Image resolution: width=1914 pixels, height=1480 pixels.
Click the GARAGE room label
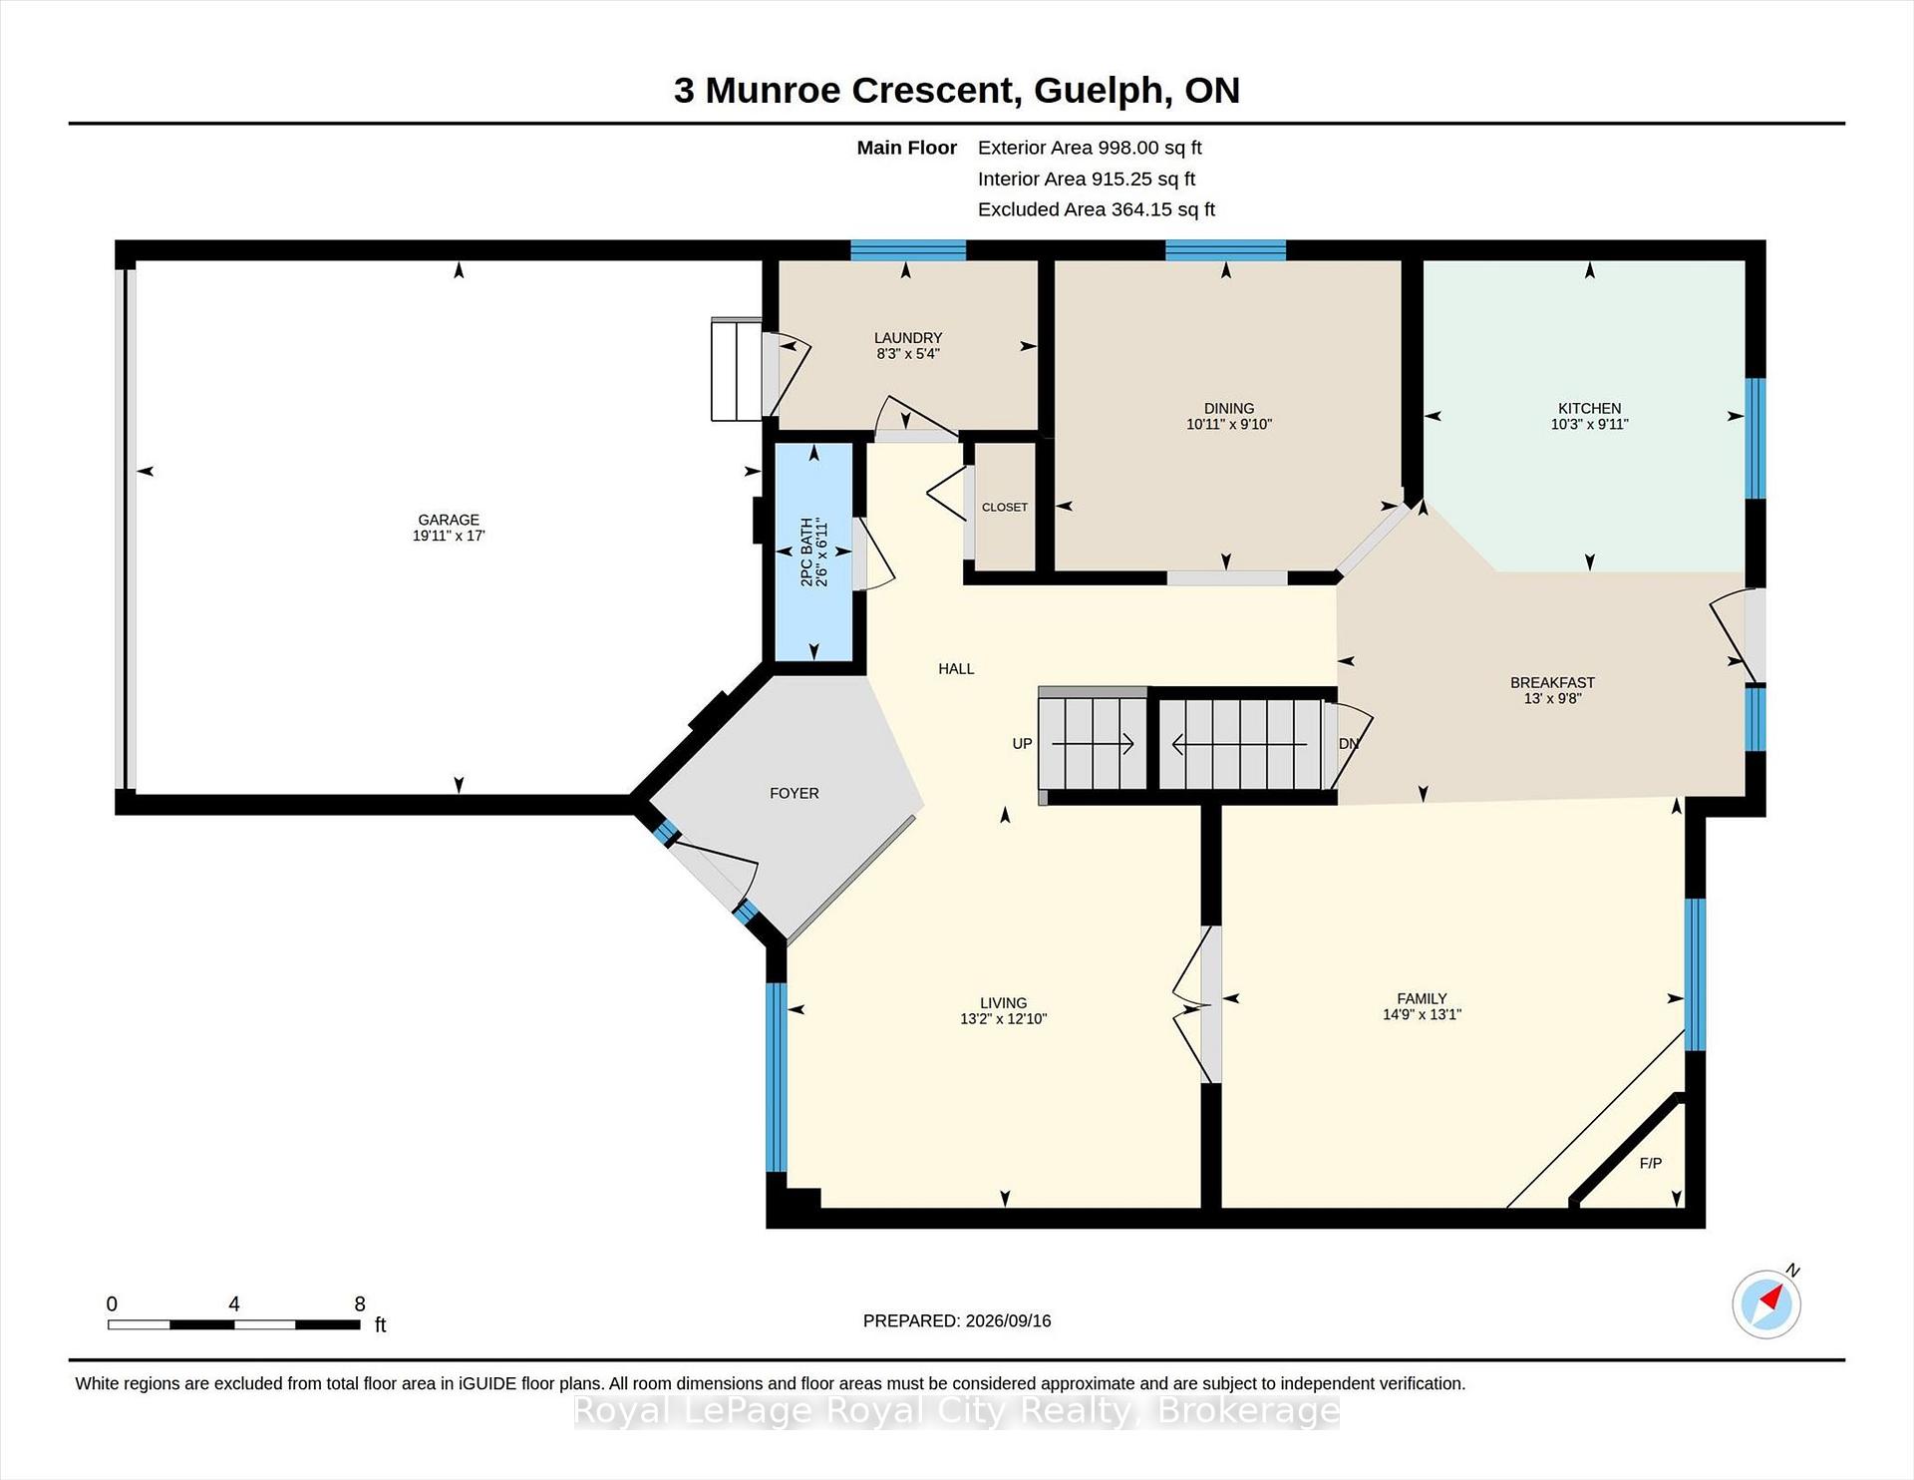coord(449,520)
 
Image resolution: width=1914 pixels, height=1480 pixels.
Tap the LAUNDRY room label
coord(908,338)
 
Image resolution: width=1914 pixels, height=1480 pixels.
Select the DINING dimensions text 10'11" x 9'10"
coord(1229,424)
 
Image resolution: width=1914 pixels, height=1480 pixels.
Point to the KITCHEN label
coord(1590,408)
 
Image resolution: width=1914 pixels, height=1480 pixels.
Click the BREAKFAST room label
coord(1552,682)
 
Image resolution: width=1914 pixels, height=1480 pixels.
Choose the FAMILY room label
coord(1422,998)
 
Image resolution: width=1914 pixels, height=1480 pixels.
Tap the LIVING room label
coord(1003,1003)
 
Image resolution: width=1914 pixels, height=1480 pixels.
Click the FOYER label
coord(795,793)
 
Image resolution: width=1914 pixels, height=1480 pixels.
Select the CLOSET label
coord(1005,507)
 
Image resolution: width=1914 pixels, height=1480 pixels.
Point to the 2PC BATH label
coord(807,552)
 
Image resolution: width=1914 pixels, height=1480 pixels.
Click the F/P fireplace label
coord(1651,1163)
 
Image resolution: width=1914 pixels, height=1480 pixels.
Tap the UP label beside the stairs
coord(1022,744)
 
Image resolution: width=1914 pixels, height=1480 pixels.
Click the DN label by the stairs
coord(1349,744)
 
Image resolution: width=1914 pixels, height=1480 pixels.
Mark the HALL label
coord(956,668)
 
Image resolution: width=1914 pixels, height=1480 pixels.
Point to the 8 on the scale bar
coord(360,1303)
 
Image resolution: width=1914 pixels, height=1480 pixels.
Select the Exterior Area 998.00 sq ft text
coord(1090,148)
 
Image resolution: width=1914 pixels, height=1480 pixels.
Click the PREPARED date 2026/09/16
coord(1008,1320)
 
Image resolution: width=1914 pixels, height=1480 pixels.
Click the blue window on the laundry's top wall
coord(908,250)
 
